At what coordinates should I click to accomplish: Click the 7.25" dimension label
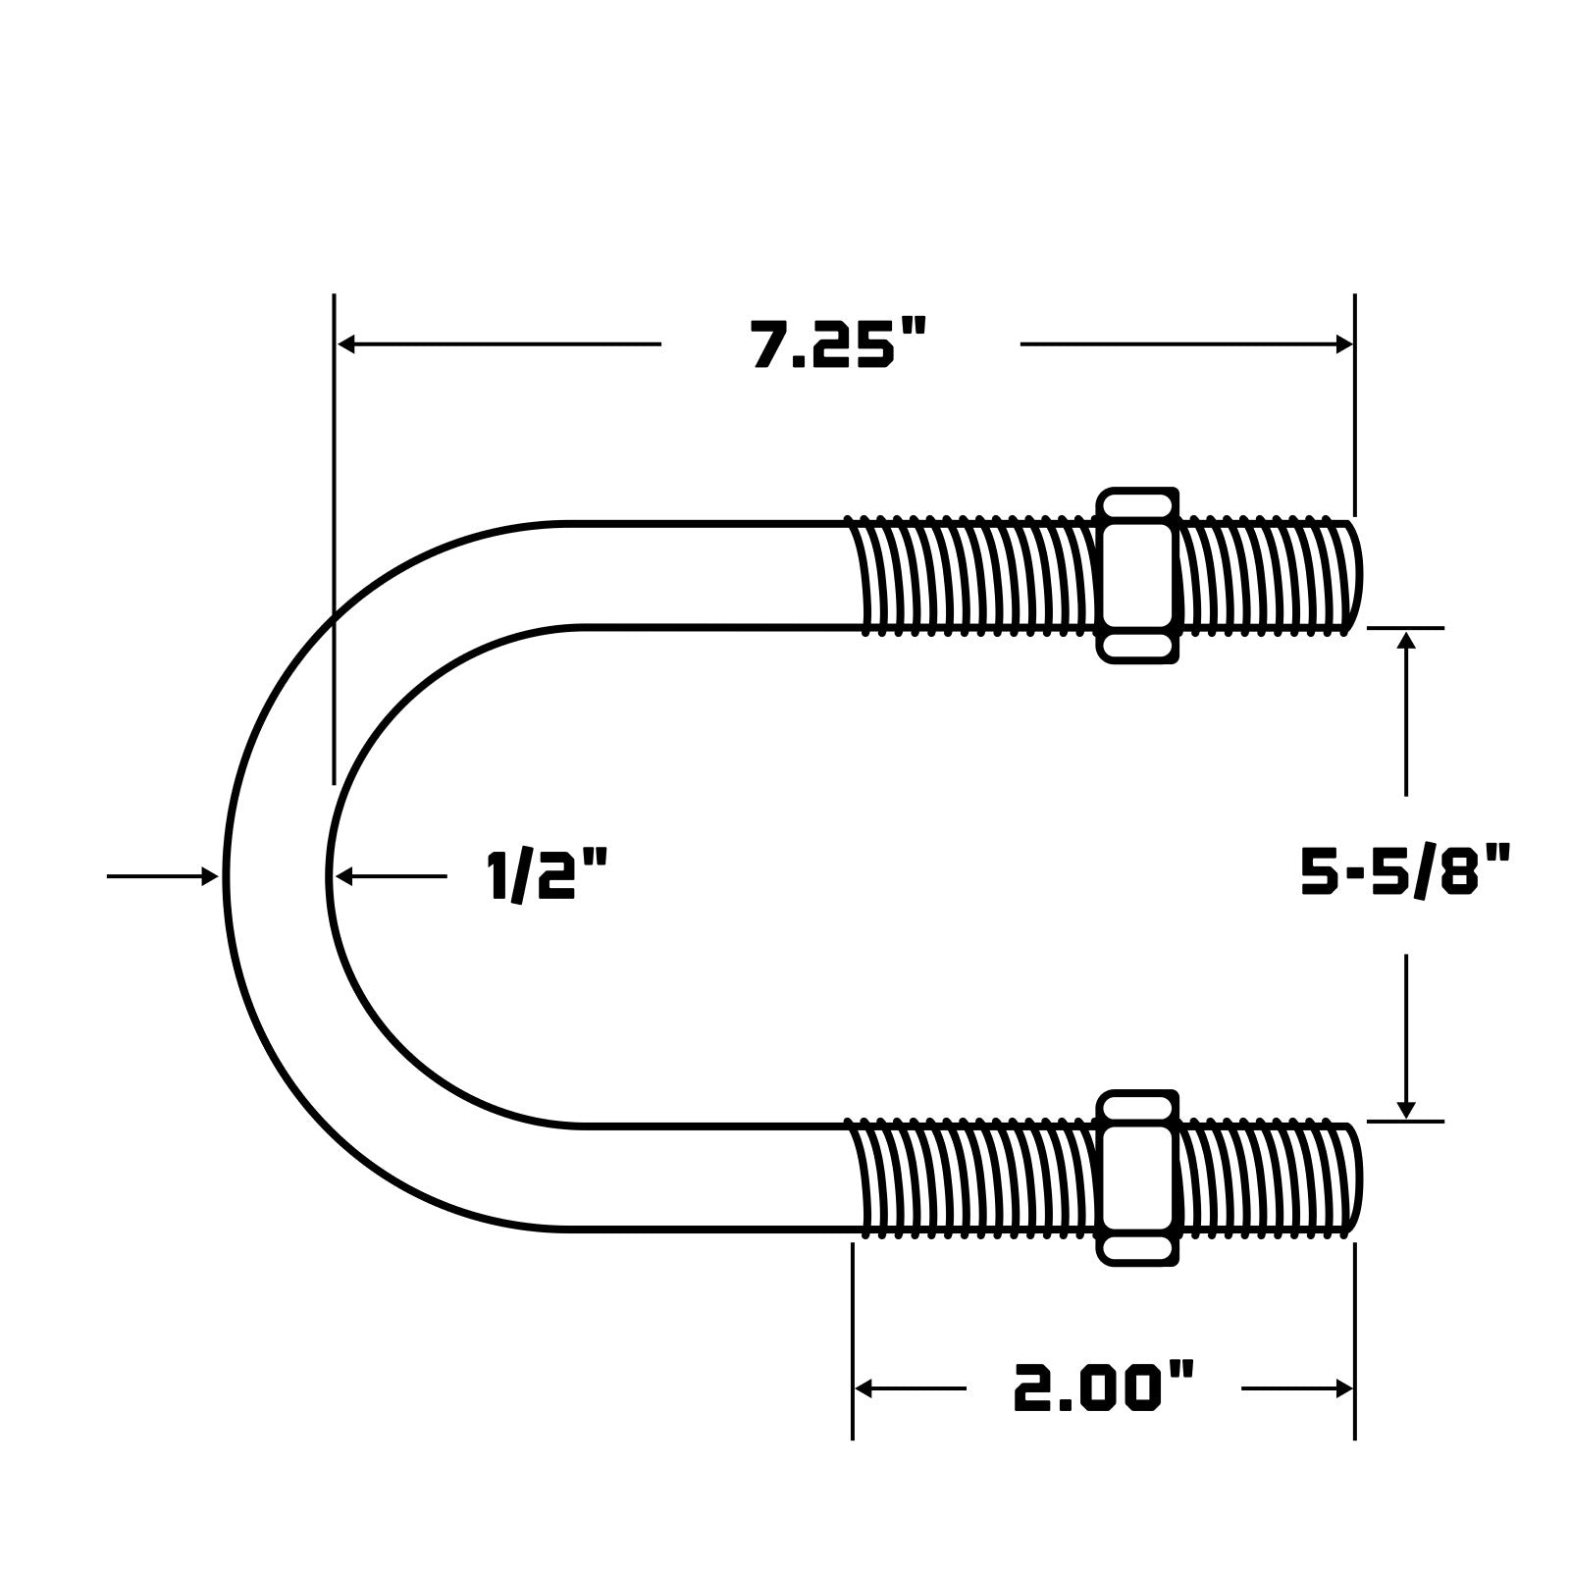pos(839,344)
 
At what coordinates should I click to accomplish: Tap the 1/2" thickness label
pos(547,875)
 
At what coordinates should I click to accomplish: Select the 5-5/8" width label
pos(1405,872)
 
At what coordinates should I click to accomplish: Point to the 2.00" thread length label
pos(1104,1387)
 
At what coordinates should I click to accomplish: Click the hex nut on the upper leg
pos(1137,575)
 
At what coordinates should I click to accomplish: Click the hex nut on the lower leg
pos(1137,1177)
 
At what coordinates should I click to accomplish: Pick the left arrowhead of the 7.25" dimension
pos(346,344)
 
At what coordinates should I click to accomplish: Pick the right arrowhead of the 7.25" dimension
pos(1343,344)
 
